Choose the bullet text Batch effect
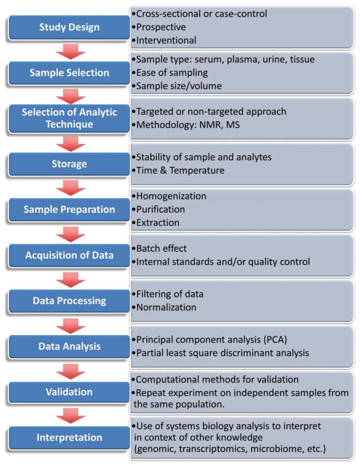click(x=162, y=249)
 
